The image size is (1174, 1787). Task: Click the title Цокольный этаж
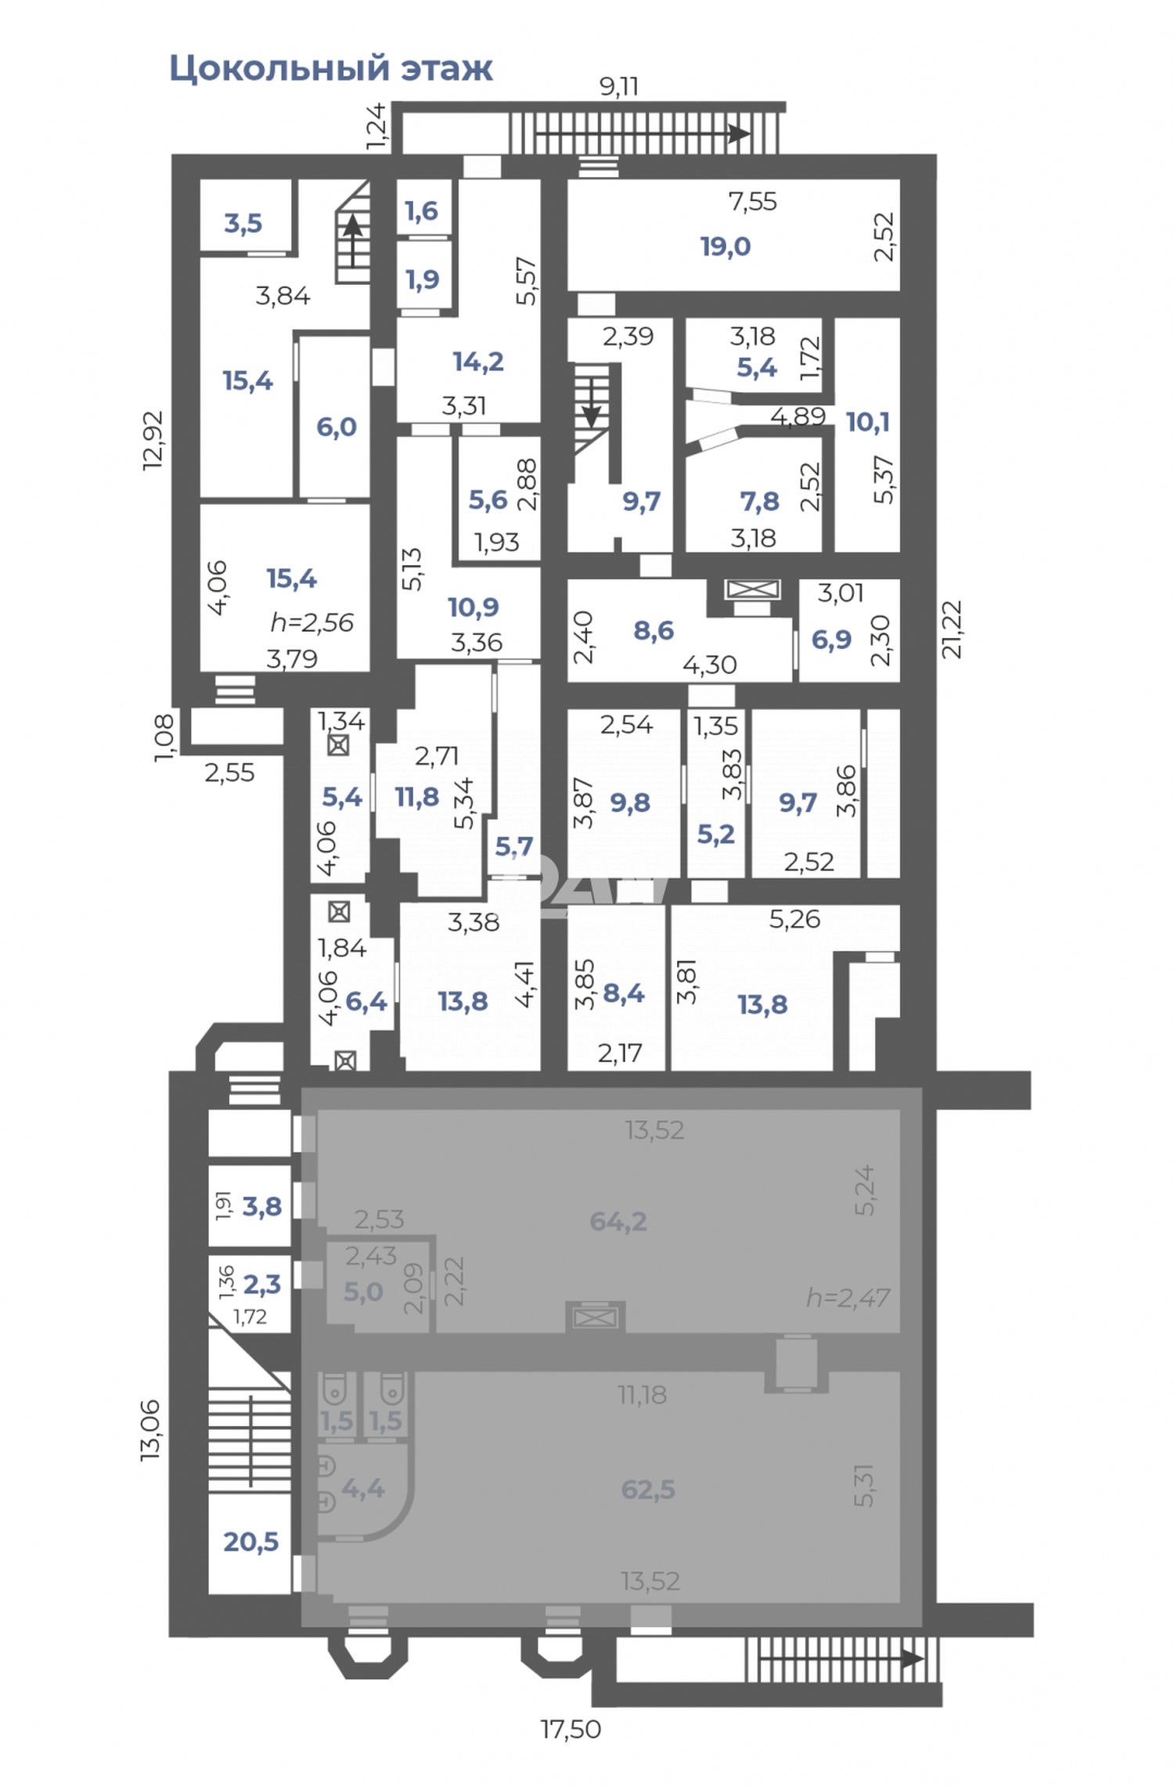click(331, 69)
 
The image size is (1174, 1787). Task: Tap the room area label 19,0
click(725, 247)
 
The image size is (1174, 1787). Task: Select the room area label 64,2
click(618, 1221)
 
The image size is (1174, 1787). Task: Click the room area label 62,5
click(647, 1489)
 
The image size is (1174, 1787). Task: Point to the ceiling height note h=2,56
click(312, 622)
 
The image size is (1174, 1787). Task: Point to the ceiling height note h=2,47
click(848, 1297)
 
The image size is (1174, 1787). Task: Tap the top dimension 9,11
click(618, 86)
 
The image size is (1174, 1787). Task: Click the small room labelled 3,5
click(243, 223)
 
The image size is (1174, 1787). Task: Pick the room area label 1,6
click(422, 211)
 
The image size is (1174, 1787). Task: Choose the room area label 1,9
click(423, 279)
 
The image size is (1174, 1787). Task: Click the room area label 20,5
click(250, 1541)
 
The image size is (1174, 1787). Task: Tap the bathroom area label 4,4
click(362, 1488)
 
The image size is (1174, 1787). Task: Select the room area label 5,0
click(363, 1291)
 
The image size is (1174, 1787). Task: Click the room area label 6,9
click(831, 640)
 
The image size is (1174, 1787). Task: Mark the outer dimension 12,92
click(153, 440)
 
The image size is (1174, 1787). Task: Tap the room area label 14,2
click(478, 362)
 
